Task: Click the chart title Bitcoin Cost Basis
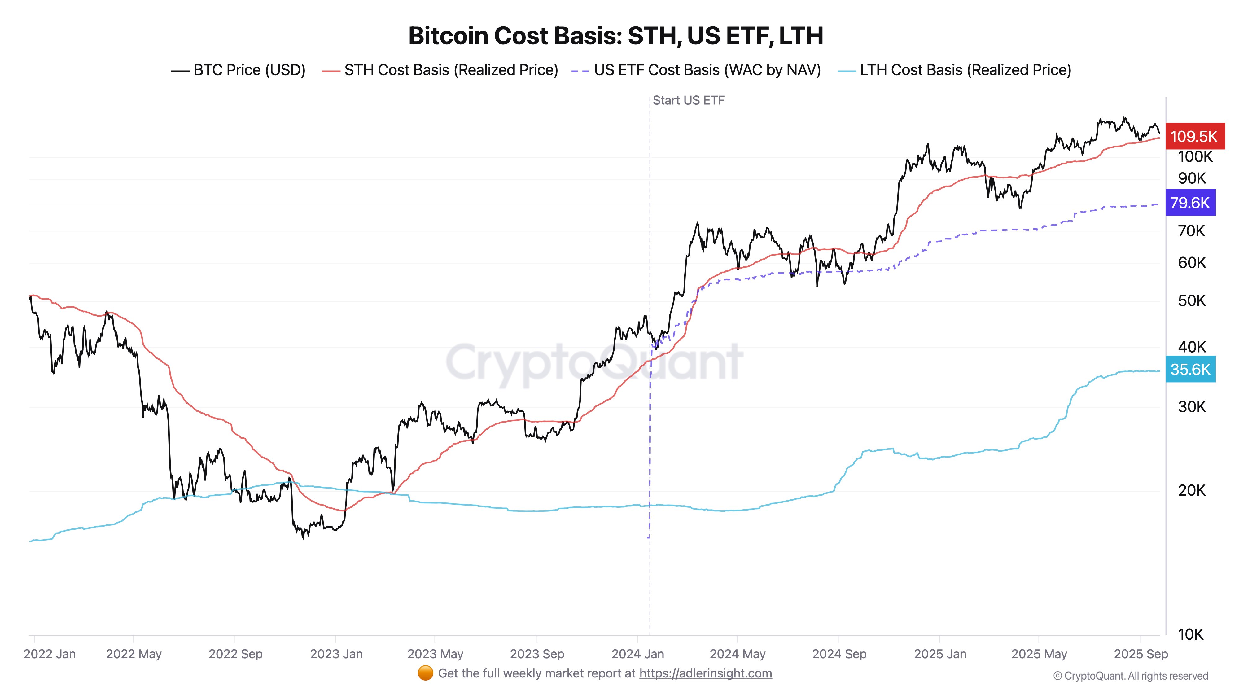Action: point(616,36)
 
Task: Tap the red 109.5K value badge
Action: point(1194,137)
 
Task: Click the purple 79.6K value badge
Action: point(1190,203)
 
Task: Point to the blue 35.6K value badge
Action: point(1190,370)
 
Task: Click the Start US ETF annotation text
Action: point(688,101)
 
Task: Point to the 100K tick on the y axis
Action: point(1195,157)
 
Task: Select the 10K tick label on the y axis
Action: point(1190,634)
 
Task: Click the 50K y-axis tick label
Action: point(1191,301)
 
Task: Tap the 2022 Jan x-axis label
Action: point(50,654)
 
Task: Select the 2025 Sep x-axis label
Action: point(1140,654)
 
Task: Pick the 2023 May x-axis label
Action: point(435,654)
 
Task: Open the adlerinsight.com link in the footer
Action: point(705,673)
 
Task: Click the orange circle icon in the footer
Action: point(425,673)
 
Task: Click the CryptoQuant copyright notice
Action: point(1130,676)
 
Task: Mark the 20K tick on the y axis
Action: point(1191,491)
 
